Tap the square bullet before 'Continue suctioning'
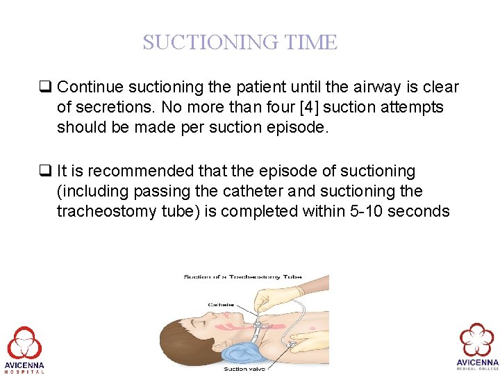click(47, 87)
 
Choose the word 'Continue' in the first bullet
click(87, 87)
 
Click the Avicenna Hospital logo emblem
click(24, 342)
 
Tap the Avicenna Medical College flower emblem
click(477, 340)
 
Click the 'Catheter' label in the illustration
click(222, 303)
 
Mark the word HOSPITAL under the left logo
click(24, 371)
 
